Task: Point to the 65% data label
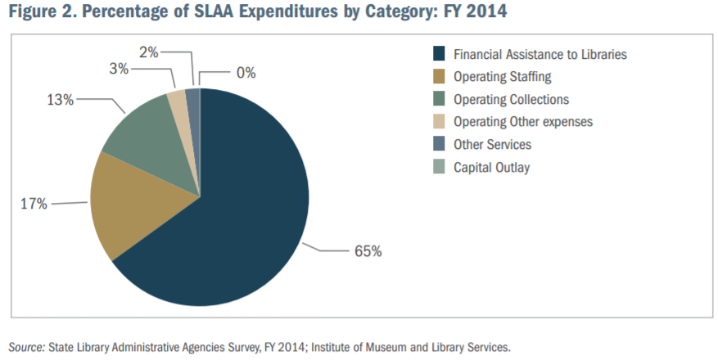tap(368, 251)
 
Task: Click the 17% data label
tap(34, 203)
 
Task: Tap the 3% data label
tap(119, 70)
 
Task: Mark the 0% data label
tap(246, 73)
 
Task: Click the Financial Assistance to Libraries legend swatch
tap(438, 55)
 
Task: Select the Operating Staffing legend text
tap(503, 77)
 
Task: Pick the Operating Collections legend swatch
tap(438, 100)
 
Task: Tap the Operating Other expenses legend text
tap(522, 122)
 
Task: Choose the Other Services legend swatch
tap(438, 145)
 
